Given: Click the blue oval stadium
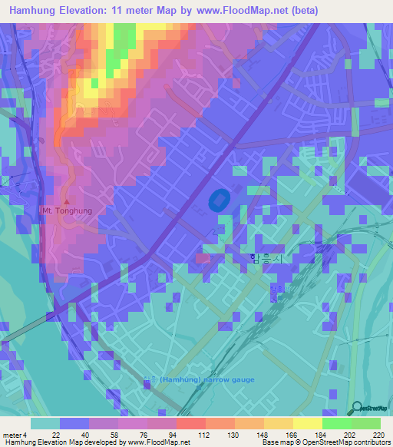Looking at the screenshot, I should [x=217, y=200].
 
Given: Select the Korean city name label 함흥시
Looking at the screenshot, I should [x=265, y=259].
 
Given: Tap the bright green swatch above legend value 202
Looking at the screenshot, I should [x=336, y=423].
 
